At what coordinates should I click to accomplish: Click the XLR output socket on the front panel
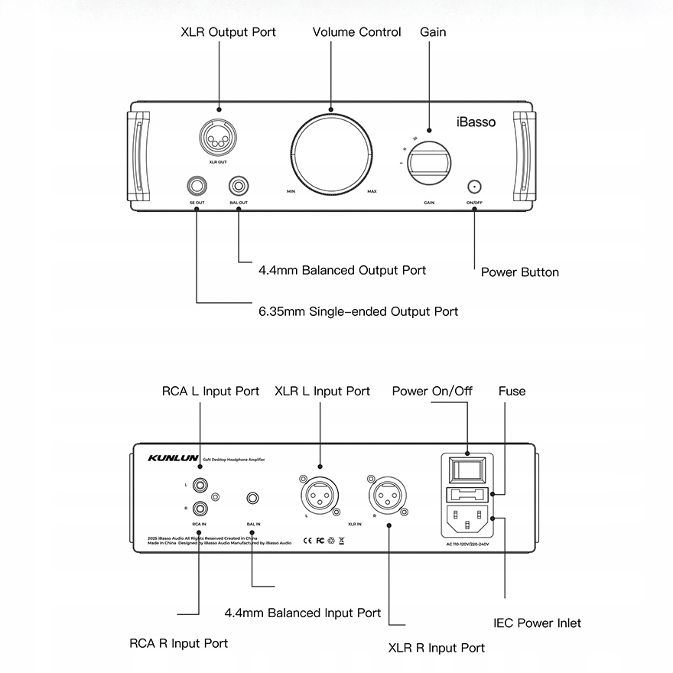217,140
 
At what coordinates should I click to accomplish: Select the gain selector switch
428,164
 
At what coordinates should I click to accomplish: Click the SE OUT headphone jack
197,186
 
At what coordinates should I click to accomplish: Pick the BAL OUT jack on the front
239,186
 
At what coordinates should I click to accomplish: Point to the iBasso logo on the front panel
476,122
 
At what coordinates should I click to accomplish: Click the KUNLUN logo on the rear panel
173,459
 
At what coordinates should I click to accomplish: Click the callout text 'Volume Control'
356,32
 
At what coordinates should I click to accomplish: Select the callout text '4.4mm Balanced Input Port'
303,613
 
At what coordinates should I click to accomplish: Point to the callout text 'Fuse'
512,391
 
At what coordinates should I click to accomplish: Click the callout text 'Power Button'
519,272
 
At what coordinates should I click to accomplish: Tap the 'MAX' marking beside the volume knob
372,191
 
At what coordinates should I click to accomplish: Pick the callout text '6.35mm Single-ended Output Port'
358,311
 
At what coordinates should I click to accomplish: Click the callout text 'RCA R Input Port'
178,643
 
